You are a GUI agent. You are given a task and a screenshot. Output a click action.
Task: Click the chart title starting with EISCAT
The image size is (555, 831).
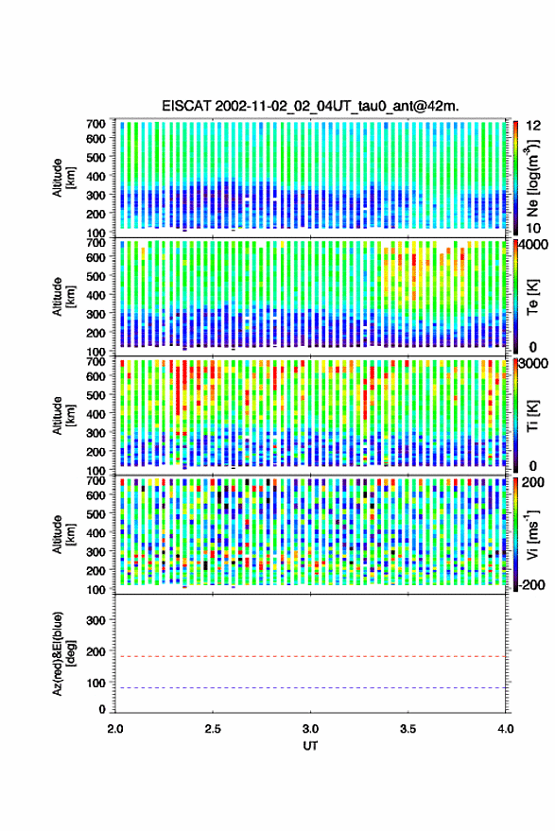click(x=310, y=106)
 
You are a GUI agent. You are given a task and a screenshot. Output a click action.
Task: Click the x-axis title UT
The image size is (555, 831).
click(x=310, y=746)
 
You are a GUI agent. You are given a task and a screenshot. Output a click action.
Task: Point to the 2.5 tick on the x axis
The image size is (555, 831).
click(x=213, y=729)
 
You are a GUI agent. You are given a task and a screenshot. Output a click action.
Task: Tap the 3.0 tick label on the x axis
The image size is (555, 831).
click(x=311, y=729)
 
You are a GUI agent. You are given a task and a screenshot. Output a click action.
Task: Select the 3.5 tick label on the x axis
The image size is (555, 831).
click(x=408, y=729)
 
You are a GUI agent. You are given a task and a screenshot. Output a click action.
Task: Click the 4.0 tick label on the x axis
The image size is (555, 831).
click(x=506, y=729)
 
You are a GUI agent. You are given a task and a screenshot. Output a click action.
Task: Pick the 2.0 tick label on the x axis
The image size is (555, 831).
click(x=115, y=729)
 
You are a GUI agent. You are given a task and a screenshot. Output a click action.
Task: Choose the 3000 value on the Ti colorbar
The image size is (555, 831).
click(x=534, y=363)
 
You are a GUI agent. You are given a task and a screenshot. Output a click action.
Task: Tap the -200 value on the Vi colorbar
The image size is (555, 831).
click(x=531, y=584)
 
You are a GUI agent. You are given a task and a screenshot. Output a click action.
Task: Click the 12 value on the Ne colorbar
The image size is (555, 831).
click(x=534, y=126)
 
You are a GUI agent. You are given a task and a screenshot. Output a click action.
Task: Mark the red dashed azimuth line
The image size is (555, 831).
click(x=310, y=656)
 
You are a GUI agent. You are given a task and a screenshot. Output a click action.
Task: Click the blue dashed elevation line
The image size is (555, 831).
click(x=310, y=687)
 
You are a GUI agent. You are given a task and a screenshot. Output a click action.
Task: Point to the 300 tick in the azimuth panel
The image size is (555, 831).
click(x=95, y=620)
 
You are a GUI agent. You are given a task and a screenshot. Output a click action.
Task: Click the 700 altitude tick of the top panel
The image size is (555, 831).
click(x=95, y=124)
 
